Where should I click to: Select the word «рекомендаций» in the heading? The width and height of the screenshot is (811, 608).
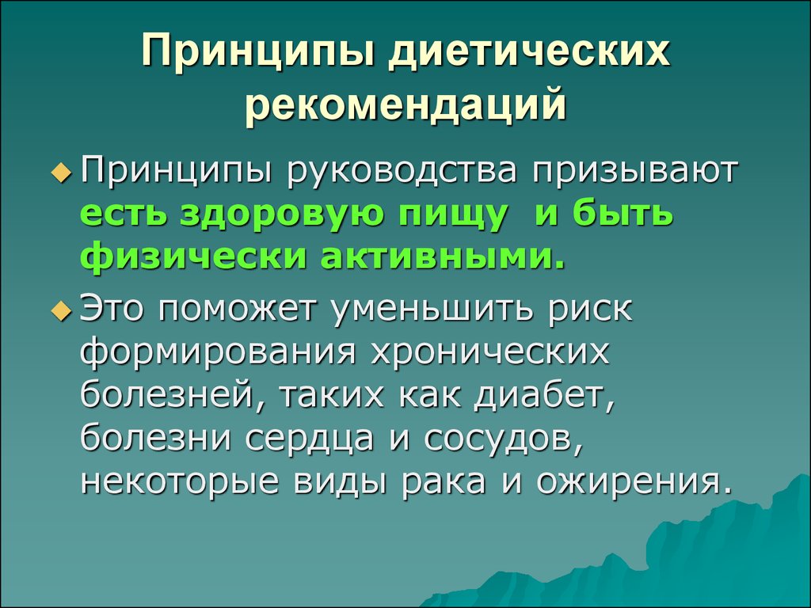(x=406, y=105)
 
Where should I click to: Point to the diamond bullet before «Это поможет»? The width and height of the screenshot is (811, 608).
(x=62, y=312)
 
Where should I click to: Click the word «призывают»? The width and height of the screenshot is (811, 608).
(x=634, y=172)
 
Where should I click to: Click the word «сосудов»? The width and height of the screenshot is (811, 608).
(x=504, y=439)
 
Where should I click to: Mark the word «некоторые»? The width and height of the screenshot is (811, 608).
(x=181, y=482)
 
